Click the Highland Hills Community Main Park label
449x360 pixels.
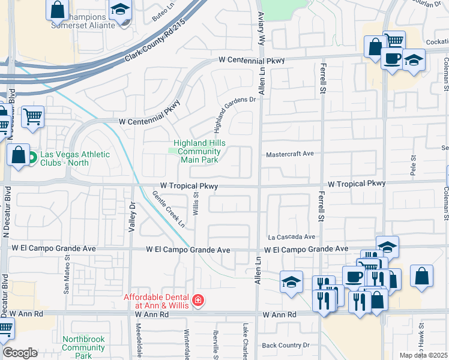(x=196, y=152)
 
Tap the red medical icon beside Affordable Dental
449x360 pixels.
(x=197, y=299)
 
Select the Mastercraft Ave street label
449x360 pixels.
(x=291, y=154)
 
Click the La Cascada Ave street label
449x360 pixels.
(x=291, y=237)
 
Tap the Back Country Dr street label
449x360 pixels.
(x=286, y=345)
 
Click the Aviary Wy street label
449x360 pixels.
(x=261, y=29)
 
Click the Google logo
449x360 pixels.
(x=19, y=353)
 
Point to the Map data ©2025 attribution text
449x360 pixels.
(x=423, y=355)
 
